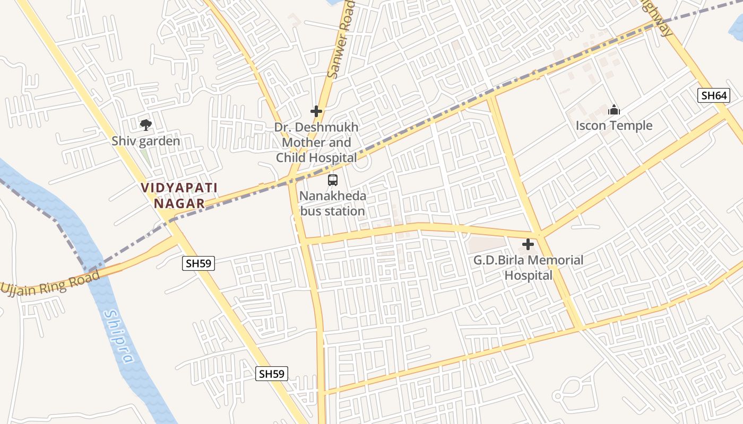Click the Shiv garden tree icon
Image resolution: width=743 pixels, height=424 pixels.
tap(146, 125)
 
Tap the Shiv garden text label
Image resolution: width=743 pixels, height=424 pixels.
tap(146, 142)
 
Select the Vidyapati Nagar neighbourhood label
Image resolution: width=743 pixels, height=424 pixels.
tap(179, 196)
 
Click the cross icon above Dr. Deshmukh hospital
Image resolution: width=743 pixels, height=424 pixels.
tap(316, 111)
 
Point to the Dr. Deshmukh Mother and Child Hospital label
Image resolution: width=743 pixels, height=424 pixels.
tap(316, 143)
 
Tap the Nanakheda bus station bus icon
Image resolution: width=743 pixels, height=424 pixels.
tap(333, 180)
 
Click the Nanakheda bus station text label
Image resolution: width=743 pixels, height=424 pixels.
tap(333, 204)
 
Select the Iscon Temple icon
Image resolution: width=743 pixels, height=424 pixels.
tap(614, 110)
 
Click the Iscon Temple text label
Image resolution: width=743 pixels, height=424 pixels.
tap(614, 126)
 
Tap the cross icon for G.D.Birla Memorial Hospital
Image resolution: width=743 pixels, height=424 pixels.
tap(528, 244)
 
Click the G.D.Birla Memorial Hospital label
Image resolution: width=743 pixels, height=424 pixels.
tap(529, 268)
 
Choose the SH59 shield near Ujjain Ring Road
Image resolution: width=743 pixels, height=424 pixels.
tap(198, 263)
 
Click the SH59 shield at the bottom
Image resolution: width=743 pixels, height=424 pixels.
tap(272, 374)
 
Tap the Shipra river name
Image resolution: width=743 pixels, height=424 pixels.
tap(118, 337)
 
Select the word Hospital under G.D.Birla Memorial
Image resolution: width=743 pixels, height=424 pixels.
tap(529, 276)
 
